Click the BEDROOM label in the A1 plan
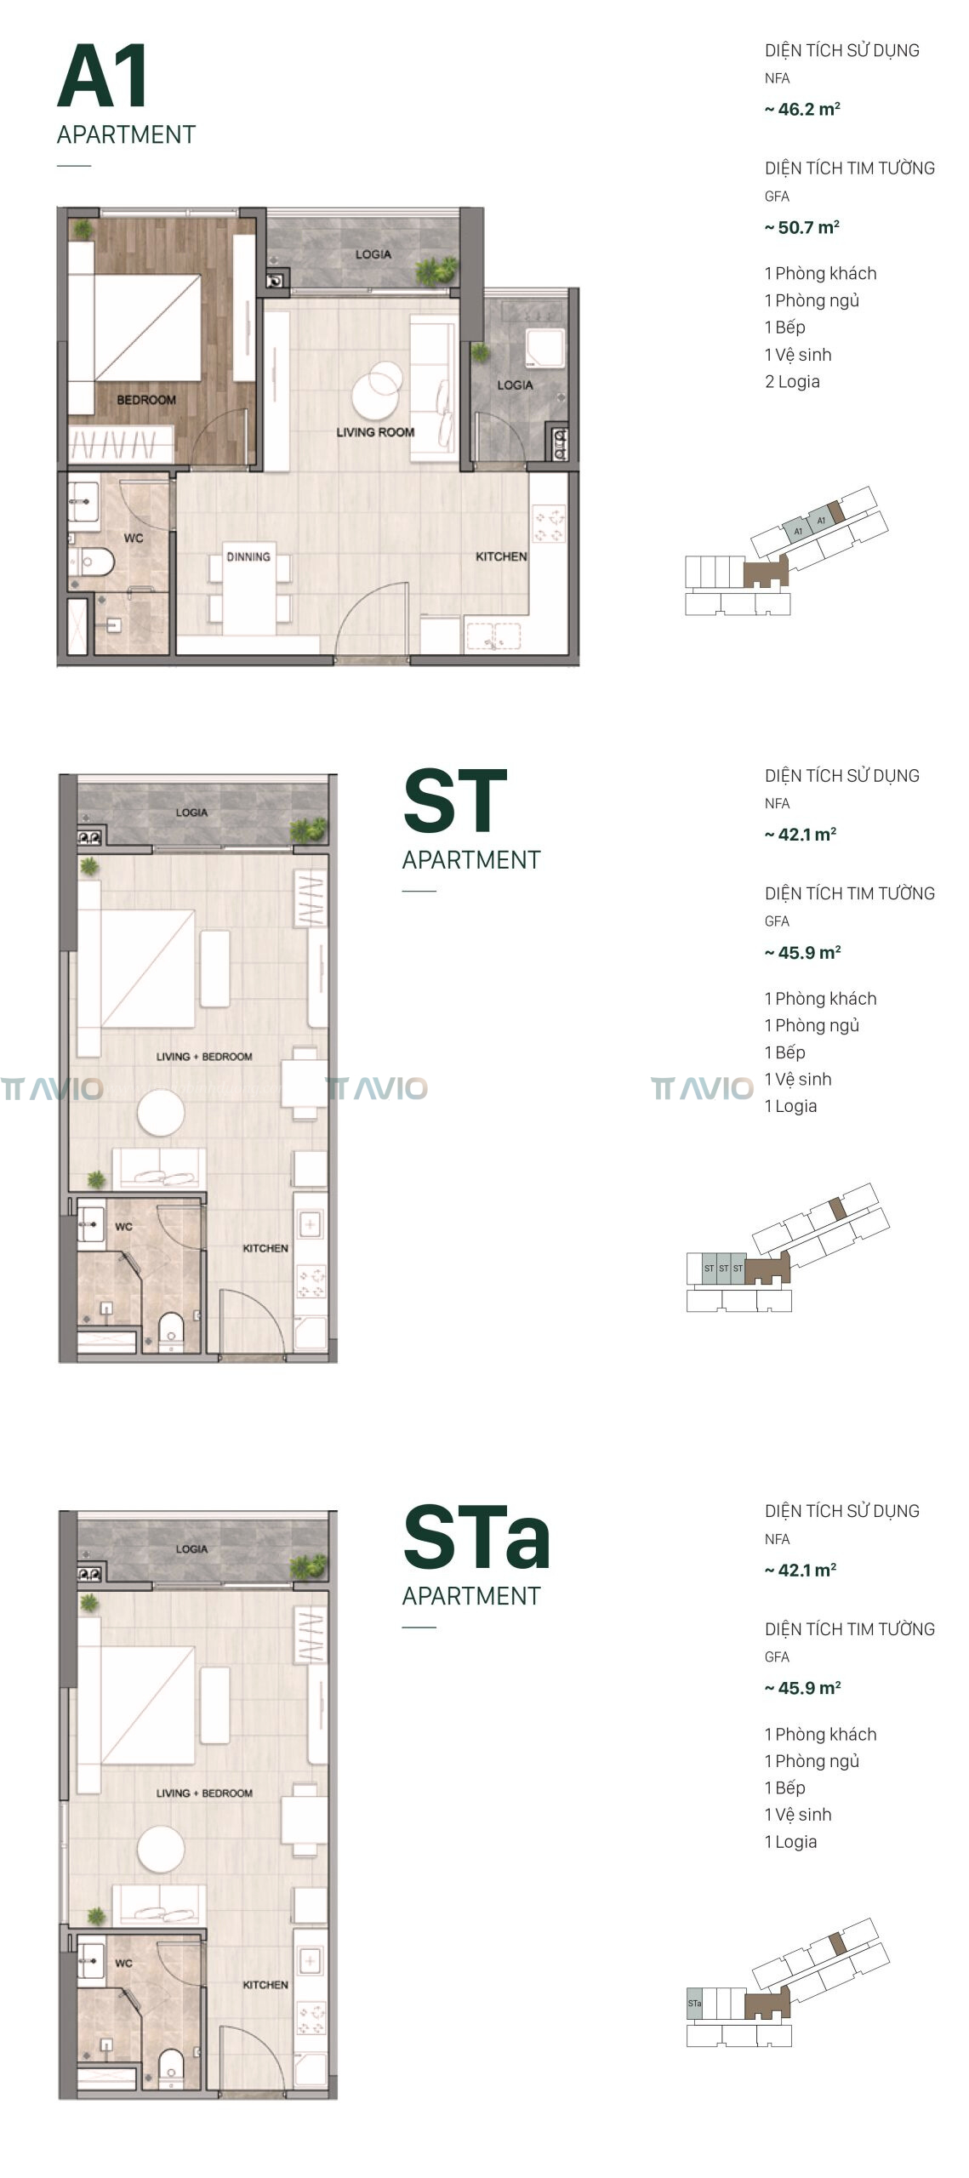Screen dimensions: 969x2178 (x=146, y=400)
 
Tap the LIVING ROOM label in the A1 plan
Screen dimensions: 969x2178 (x=375, y=432)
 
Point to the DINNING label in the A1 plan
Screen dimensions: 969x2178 (x=248, y=556)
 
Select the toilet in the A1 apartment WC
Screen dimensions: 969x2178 (x=94, y=562)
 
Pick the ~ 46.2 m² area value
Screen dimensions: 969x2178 (x=802, y=109)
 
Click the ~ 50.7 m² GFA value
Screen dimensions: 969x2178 (x=802, y=227)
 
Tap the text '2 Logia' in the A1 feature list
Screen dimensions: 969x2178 (x=792, y=381)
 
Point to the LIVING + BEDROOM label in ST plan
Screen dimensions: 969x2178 (x=204, y=1057)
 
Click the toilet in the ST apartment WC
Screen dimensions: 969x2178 (x=171, y=1331)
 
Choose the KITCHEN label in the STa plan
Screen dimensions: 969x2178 (x=265, y=1984)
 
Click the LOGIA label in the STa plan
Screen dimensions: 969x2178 (x=191, y=1548)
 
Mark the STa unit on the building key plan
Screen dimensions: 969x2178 (x=694, y=2003)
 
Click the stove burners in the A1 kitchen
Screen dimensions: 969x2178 (x=550, y=525)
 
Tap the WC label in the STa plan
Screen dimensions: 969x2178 (x=123, y=1963)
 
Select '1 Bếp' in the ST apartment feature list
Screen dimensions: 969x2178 (x=784, y=1052)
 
